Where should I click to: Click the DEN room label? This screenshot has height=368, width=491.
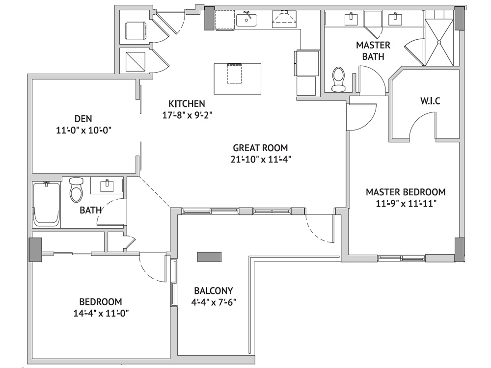point(83,119)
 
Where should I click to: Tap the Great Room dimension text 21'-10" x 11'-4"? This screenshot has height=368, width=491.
point(261,159)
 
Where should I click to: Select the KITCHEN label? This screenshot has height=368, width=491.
point(187,104)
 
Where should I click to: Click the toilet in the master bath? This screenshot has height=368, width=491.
point(338,79)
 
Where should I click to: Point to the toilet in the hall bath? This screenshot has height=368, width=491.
point(76,189)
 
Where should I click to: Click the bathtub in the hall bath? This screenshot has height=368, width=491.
point(46,204)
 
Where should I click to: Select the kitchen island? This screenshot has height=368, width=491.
point(238,79)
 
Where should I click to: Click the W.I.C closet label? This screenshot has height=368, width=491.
point(430,101)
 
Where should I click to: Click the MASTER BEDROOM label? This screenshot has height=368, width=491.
point(406,192)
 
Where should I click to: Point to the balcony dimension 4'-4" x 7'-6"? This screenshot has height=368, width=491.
point(214,302)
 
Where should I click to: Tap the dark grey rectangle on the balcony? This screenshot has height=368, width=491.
point(209,257)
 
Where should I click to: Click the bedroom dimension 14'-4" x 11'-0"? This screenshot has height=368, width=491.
point(101,313)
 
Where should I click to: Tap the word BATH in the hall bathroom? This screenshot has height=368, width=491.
point(90,210)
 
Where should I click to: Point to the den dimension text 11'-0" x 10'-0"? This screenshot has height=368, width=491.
point(84,131)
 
